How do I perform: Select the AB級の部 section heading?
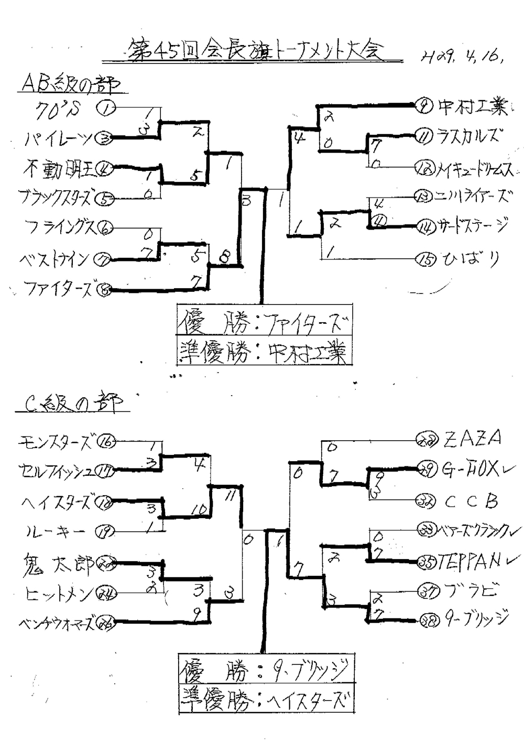click(x=70, y=83)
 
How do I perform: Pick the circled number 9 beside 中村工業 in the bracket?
click(x=422, y=106)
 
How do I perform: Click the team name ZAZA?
click(x=472, y=438)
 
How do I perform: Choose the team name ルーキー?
click(x=55, y=532)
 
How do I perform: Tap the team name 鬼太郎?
click(x=58, y=564)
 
